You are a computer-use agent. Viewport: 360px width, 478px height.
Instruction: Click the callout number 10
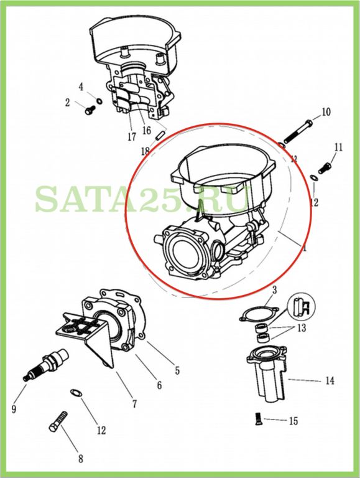[326, 112]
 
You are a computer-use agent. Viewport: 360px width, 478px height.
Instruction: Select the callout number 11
[338, 148]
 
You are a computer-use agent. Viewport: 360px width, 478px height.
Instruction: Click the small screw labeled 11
[325, 166]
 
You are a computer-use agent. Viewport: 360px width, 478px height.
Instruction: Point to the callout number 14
[330, 381]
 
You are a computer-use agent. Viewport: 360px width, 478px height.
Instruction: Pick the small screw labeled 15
[257, 419]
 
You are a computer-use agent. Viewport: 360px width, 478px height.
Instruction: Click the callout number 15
[293, 421]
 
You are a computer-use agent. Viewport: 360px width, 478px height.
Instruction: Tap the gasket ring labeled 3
[259, 314]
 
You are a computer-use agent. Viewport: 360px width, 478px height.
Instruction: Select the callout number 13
[302, 328]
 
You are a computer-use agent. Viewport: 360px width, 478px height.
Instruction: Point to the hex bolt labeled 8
[58, 421]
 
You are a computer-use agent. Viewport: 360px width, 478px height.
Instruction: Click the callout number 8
[80, 459]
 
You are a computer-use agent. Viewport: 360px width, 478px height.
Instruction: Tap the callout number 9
[14, 409]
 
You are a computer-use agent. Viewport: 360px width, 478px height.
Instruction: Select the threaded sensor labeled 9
[45, 364]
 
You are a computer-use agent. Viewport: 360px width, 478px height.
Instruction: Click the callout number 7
[134, 404]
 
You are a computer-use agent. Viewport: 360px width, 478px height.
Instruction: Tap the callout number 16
[147, 131]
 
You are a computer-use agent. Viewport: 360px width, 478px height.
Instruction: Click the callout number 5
[177, 371]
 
